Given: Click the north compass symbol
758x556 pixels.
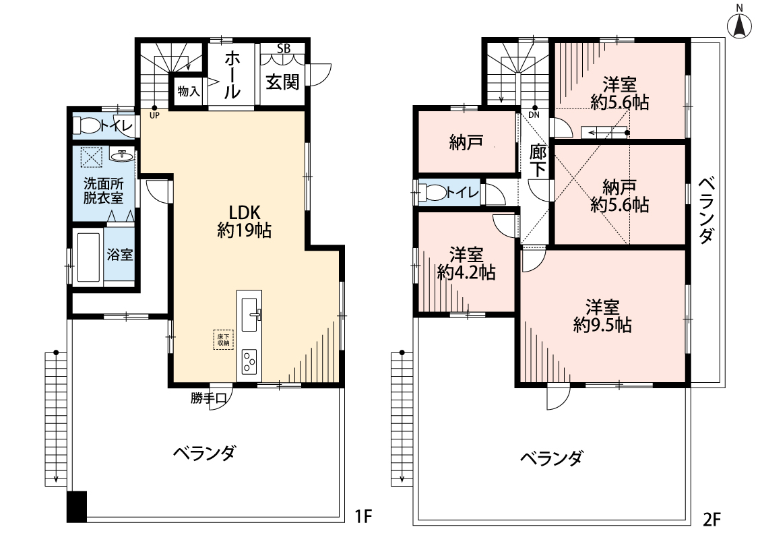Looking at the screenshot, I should pyautogui.click(x=740, y=25).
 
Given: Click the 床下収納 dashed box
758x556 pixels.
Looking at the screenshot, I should pyautogui.click(x=223, y=340).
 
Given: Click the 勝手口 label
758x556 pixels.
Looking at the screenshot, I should pyautogui.click(x=208, y=398).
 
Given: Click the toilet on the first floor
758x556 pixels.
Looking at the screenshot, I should pyautogui.click(x=88, y=125).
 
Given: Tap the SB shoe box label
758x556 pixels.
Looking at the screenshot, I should pyautogui.click(x=284, y=48).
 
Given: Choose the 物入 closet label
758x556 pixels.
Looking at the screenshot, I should pyautogui.click(x=189, y=90).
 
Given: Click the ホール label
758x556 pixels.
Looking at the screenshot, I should pyautogui.click(x=231, y=75).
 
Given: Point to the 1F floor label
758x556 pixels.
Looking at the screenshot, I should pyautogui.click(x=363, y=517).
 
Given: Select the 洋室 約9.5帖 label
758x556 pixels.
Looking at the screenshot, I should pyautogui.click(x=602, y=315).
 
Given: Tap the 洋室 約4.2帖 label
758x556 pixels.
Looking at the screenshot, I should pyautogui.click(x=466, y=264).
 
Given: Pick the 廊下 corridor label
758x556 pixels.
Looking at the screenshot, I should pyautogui.click(x=537, y=162).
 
